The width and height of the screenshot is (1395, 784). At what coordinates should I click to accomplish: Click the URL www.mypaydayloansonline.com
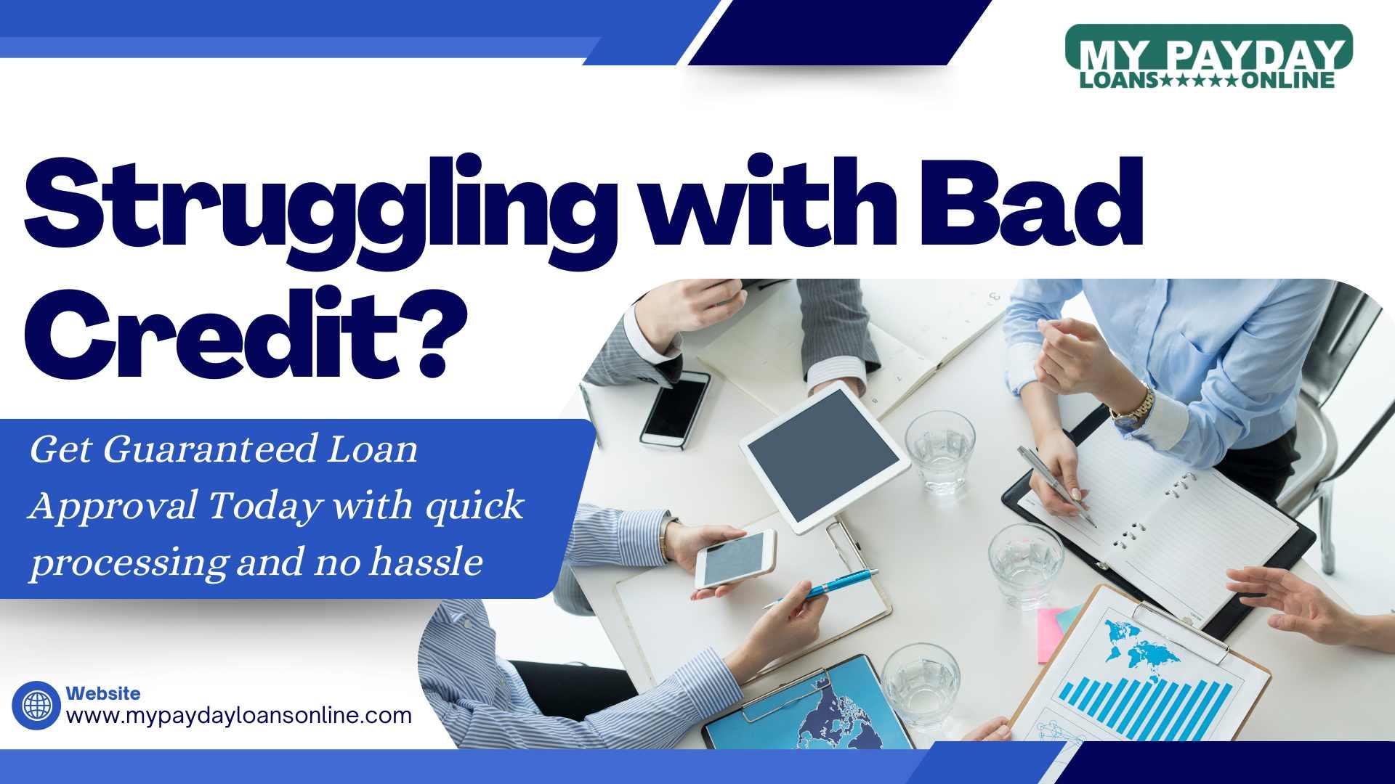239,716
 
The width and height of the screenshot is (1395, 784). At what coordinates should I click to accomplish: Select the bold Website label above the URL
103,693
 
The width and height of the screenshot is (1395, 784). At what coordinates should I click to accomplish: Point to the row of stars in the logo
1200,80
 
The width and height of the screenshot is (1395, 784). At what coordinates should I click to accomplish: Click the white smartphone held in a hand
735,558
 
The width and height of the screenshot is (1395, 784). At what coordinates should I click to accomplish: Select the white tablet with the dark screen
825,457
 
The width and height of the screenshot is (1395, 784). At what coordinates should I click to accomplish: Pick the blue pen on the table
820,588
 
